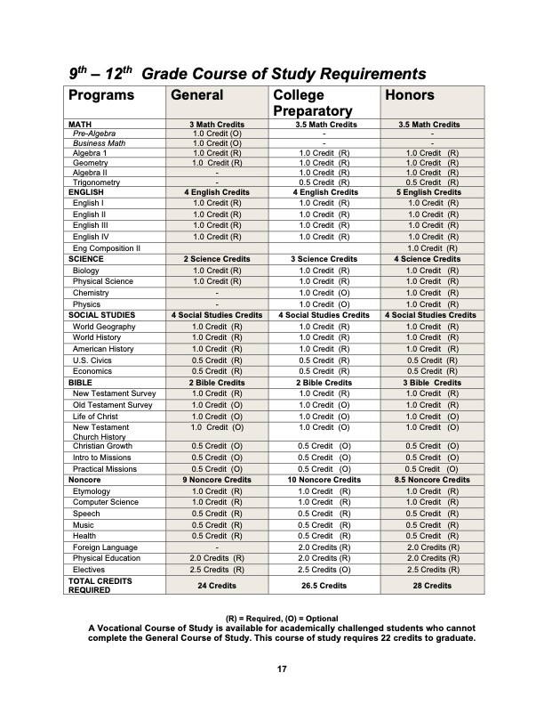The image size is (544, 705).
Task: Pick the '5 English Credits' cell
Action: pos(430,192)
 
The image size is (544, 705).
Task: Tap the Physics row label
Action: pos(87,304)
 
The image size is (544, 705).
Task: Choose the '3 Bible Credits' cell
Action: pos(430,382)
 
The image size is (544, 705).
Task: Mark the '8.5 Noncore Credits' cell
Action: pos(430,480)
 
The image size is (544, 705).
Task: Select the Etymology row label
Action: pos(92,491)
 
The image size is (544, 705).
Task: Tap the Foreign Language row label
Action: pos(105,547)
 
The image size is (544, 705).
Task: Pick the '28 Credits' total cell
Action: pos(430,586)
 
